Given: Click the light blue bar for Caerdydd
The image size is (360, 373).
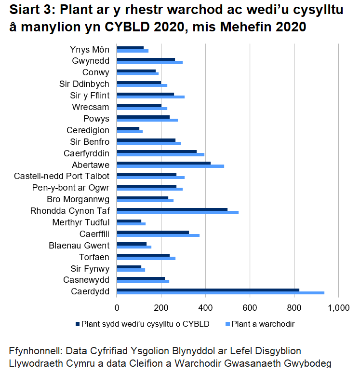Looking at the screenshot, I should pyautogui.click(x=220, y=293).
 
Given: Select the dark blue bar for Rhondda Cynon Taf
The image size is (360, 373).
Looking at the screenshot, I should pyautogui.click(x=172, y=209).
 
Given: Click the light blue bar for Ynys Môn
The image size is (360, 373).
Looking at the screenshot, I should pyautogui.click(x=133, y=51).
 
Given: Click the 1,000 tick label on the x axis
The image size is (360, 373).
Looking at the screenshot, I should pyautogui.click(x=338, y=307).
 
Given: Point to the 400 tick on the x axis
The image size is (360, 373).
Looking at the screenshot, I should pyautogui.click(x=206, y=307).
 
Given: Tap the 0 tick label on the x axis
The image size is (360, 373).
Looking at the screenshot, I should pyautogui.click(x=117, y=307).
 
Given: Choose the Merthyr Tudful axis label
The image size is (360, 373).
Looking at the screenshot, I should pyautogui.click(x=80, y=222).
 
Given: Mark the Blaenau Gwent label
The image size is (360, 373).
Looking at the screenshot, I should pyautogui.click(x=79, y=245).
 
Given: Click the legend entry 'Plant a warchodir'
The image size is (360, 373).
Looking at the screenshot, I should pyautogui.click(x=263, y=324).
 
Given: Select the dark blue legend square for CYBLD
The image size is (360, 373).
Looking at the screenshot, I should pyautogui.click(x=78, y=324).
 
